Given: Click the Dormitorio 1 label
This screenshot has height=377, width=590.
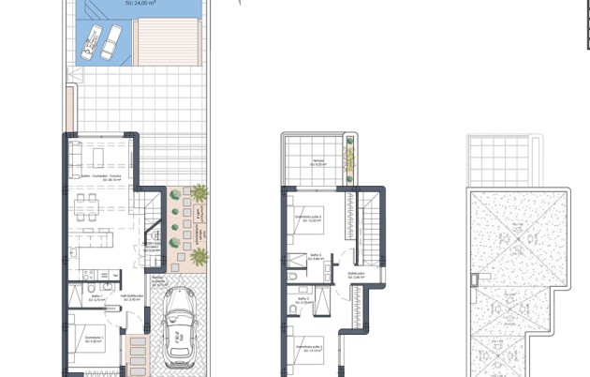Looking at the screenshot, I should [x=90, y=339].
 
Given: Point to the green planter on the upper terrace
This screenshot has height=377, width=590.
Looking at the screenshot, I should [x=350, y=159].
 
